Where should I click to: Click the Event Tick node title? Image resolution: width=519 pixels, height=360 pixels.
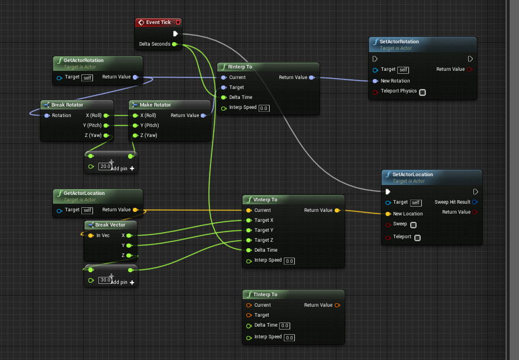point(158,22)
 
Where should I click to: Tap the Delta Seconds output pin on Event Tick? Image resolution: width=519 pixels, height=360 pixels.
point(174,44)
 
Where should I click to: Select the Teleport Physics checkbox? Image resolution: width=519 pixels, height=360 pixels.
point(422,92)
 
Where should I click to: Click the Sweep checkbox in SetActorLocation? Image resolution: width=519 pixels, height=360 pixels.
point(414,224)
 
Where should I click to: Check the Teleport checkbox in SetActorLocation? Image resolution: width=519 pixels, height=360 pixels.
point(417,238)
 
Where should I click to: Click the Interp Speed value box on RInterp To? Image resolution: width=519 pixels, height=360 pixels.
point(263,108)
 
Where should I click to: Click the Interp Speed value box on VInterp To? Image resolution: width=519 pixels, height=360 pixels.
point(289,260)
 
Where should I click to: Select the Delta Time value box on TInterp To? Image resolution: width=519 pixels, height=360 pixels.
point(285,325)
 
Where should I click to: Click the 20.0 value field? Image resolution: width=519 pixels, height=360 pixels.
point(105,166)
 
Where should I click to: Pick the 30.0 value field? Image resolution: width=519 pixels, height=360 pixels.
point(105,280)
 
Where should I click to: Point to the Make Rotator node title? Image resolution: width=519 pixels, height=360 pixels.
point(155,105)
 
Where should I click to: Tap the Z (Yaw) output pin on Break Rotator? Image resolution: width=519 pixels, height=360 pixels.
point(105,135)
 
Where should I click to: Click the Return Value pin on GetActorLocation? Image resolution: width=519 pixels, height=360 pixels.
point(136,210)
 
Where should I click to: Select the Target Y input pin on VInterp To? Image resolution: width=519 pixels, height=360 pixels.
point(249,230)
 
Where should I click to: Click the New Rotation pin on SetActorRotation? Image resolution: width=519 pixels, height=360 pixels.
point(375,81)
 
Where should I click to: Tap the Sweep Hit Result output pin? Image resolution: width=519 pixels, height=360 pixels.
point(475,202)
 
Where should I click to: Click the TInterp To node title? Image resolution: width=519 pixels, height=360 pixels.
point(266,294)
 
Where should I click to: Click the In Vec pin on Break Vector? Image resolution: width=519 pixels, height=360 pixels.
point(91,235)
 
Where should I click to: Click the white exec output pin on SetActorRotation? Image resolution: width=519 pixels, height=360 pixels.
point(470,59)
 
